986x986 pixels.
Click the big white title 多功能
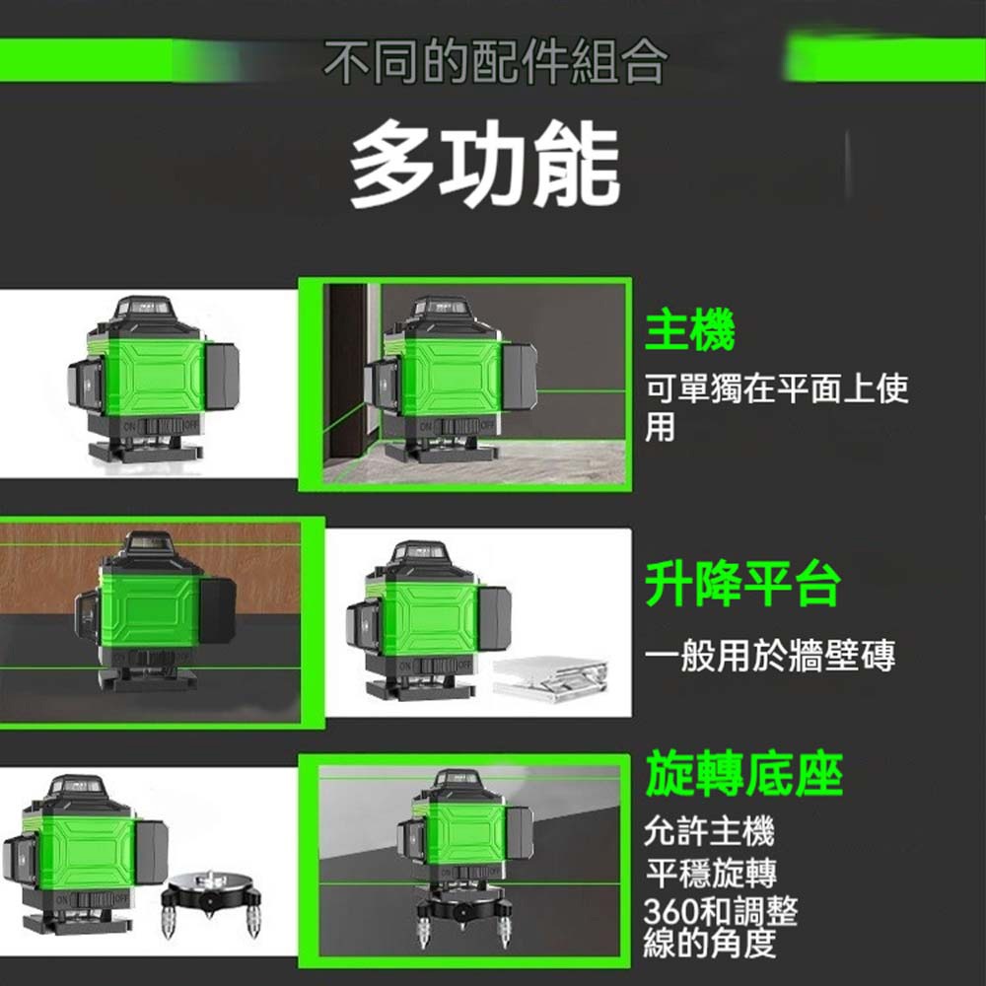tap(485, 164)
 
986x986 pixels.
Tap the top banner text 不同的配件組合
tap(494, 61)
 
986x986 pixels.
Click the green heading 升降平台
tap(742, 583)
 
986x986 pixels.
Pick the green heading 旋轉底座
tap(743, 774)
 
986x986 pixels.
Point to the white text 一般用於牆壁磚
tap(770, 656)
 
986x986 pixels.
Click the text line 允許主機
tap(709, 830)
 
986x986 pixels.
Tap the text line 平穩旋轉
tap(711, 872)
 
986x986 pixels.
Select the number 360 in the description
tap(669, 910)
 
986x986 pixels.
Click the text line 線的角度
tap(709, 943)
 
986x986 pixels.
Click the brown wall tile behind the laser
tap(151, 568)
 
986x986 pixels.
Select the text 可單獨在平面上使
tap(777, 387)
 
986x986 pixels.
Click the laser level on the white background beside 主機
tap(154, 381)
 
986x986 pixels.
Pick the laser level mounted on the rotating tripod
tap(465, 855)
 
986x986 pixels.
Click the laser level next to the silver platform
tap(428, 621)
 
